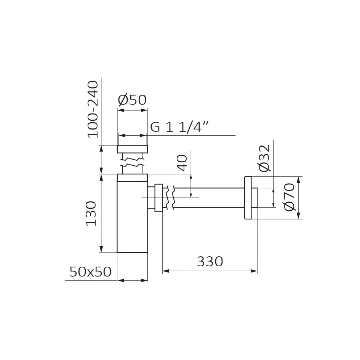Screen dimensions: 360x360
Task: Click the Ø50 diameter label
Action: [x=132, y=100]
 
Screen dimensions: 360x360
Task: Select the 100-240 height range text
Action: [x=93, y=109]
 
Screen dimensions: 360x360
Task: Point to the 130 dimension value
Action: [x=91, y=213]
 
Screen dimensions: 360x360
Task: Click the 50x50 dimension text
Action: [x=90, y=272]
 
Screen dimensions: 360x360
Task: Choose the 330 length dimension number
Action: [x=210, y=261]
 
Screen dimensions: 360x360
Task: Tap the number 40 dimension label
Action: [x=182, y=163]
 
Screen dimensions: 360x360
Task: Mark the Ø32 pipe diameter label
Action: [x=264, y=158]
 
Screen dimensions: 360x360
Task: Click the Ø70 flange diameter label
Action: [x=289, y=197]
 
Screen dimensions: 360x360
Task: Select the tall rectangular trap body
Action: [x=132, y=213]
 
